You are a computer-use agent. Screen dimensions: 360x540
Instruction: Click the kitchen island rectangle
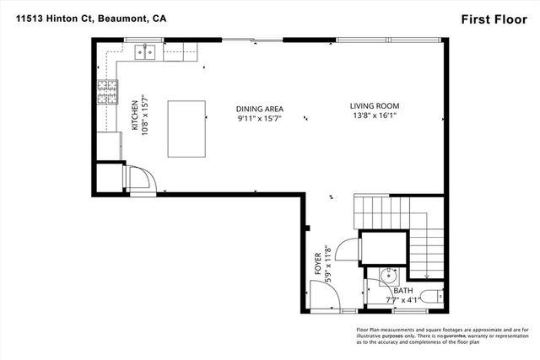click(188, 128)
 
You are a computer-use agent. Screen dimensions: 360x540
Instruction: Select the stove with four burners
click(108, 90)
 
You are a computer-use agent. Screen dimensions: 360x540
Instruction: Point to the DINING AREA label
click(259, 109)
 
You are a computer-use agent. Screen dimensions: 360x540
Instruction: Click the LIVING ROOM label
click(375, 106)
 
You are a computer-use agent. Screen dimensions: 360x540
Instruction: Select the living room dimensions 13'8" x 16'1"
click(375, 118)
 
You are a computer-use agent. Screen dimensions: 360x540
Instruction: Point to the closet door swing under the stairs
click(347, 248)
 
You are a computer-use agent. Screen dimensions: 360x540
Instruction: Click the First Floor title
click(492, 18)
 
